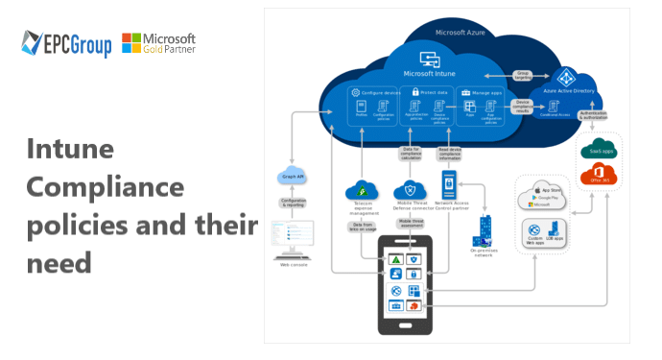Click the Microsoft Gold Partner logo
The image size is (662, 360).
point(159,43)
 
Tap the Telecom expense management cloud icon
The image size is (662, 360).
point(364,189)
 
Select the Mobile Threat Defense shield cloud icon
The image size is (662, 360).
point(411,189)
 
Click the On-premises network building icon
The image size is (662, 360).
point(485,231)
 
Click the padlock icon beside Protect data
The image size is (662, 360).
point(416,92)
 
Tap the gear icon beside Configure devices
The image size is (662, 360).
point(355,92)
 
